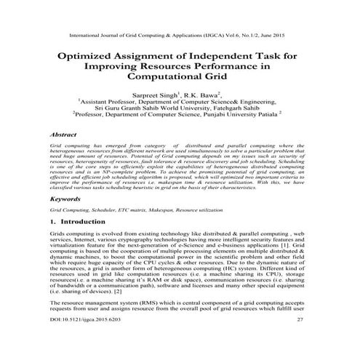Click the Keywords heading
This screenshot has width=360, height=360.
click(x=66, y=199)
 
